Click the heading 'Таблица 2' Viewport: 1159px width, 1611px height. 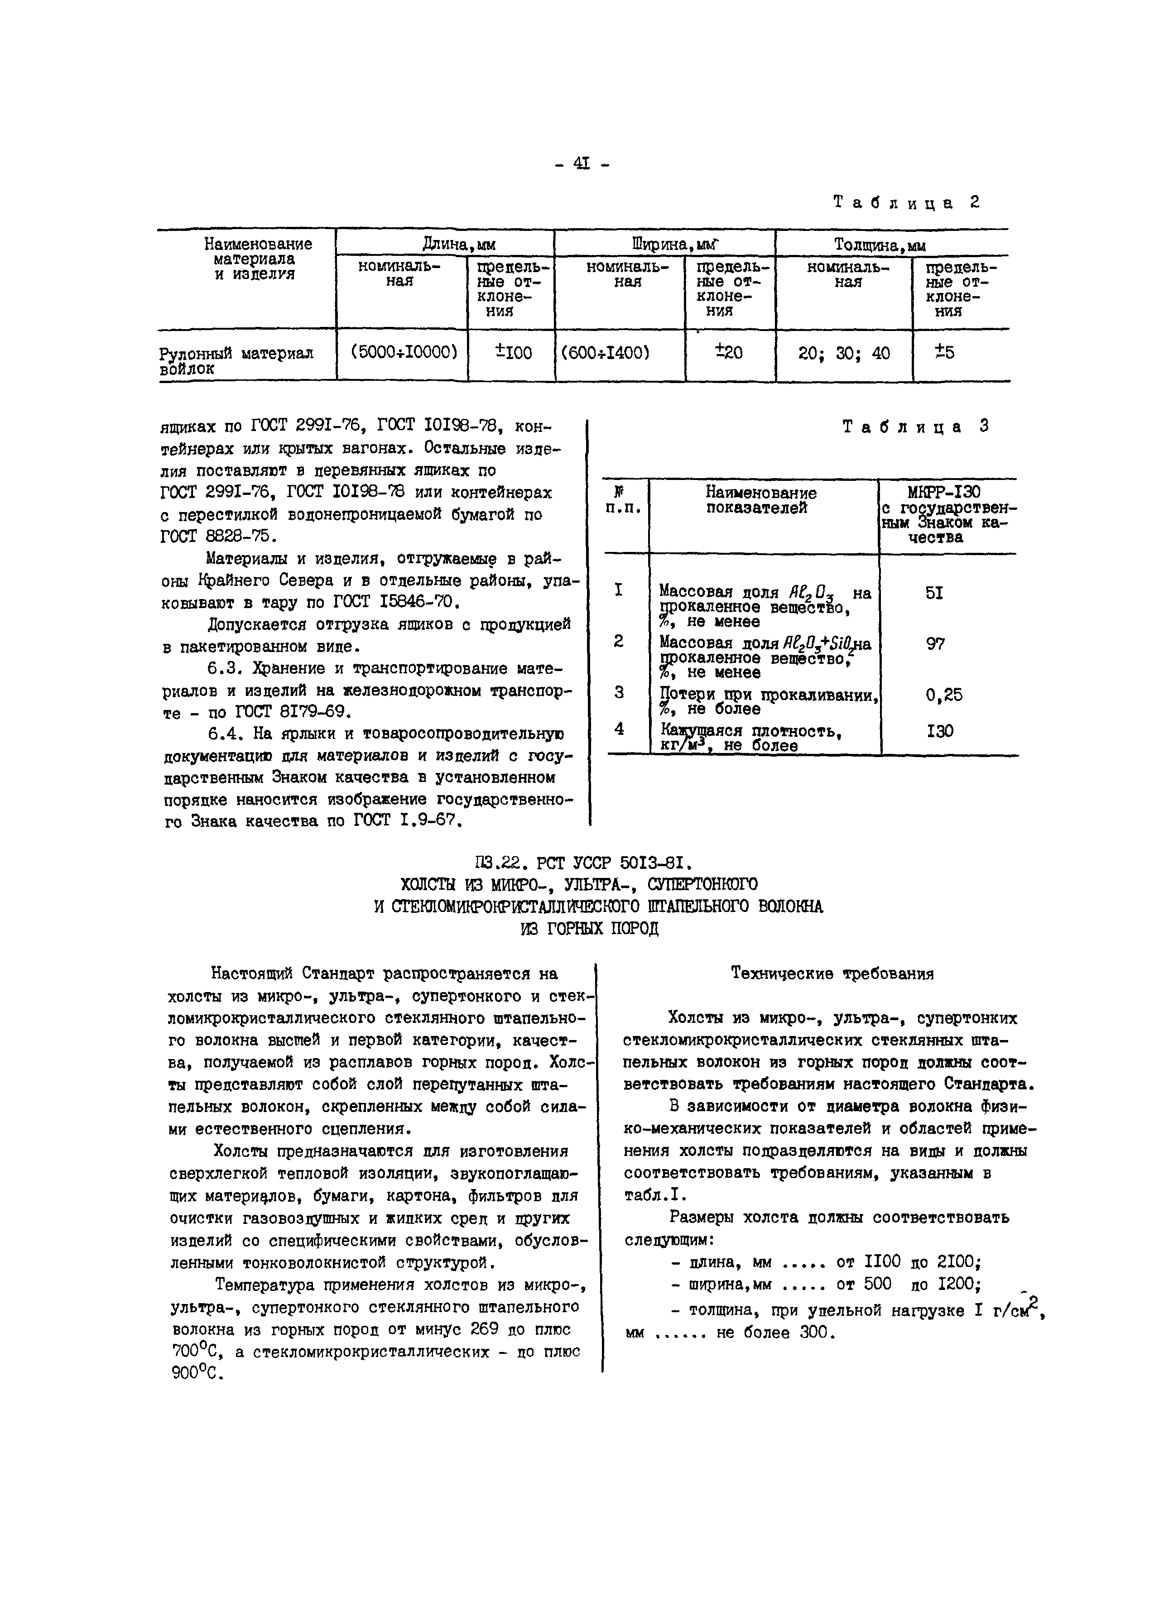coord(906,202)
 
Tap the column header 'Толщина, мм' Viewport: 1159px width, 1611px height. coord(880,245)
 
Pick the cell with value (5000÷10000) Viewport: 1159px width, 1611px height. coord(402,352)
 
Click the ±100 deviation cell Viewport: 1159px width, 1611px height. coord(512,352)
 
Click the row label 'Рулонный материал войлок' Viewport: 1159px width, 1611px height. coord(235,360)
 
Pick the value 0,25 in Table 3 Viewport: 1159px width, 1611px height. coord(944,695)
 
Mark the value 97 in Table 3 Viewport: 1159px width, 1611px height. coord(935,643)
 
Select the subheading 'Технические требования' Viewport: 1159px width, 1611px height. coord(832,974)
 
